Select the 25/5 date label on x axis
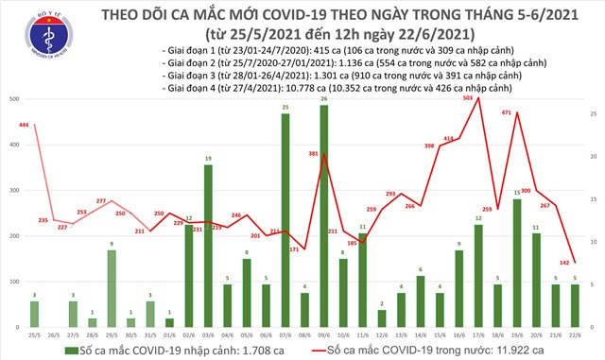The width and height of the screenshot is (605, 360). point(36,334)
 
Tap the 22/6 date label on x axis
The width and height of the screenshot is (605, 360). point(576,334)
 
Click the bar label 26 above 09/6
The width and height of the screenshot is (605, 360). point(324,98)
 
